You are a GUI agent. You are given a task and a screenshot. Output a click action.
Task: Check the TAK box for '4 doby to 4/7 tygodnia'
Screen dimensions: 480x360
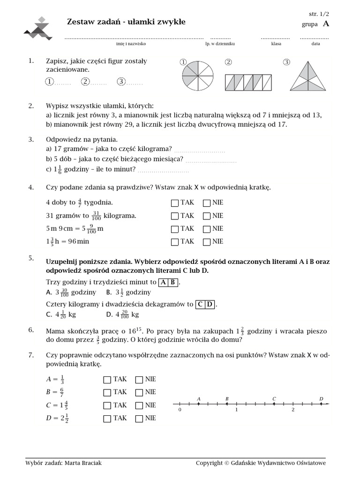175,203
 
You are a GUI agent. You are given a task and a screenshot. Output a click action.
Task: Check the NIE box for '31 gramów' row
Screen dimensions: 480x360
206,216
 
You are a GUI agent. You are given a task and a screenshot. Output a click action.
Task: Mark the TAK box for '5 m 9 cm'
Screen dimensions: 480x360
175,229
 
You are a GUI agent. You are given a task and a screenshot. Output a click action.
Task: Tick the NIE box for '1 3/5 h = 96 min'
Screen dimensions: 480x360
206,242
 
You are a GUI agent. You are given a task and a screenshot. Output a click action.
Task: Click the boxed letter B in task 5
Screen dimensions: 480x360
173,282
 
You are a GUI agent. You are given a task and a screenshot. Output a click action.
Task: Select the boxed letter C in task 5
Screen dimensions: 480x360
200,304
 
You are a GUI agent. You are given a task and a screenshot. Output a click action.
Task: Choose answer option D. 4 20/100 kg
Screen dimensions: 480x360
123,315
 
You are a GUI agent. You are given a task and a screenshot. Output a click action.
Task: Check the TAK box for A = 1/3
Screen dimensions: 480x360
107,380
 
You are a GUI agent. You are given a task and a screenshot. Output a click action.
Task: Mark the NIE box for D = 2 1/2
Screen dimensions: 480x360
139,419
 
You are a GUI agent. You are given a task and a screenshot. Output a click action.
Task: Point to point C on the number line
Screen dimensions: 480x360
274,404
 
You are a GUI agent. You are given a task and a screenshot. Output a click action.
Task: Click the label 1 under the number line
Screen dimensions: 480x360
237,410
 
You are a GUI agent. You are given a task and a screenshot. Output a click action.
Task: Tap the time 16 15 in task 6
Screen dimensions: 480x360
134,330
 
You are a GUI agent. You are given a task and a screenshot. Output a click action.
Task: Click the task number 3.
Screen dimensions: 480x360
31,139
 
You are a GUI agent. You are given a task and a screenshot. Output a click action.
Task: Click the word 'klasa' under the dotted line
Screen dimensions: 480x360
276,44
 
